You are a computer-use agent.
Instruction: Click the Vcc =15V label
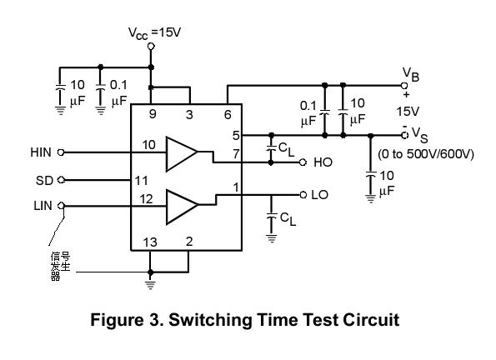pyautogui.click(x=154, y=33)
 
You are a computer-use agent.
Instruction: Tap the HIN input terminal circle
pyautogui.click(x=61, y=152)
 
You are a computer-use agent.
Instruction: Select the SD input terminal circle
pyautogui.click(x=62, y=180)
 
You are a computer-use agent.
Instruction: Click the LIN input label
pyautogui.click(x=43, y=206)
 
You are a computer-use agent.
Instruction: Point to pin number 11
pyautogui.click(x=142, y=181)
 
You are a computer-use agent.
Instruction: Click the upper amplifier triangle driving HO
pyautogui.click(x=181, y=154)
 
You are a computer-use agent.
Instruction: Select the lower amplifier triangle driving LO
pyautogui.click(x=181, y=207)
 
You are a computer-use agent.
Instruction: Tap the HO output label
pyautogui.click(x=323, y=162)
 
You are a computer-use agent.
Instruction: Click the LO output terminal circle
pyautogui.click(x=303, y=194)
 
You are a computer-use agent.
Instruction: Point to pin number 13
pyautogui.click(x=150, y=242)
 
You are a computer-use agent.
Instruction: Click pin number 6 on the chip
pyautogui.click(x=228, y=114)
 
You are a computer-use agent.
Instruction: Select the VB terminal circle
pyautogui.click(x=404, y=85)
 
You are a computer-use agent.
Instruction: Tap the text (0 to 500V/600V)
pyautogui.click(x=426, y=154)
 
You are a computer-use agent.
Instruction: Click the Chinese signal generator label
pyautogui.click(x=60, y=266)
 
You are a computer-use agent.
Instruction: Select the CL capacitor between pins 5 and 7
pyautogui.click(x=271, y=148)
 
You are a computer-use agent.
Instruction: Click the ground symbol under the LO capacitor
pyautogui.click(x=272, y=238)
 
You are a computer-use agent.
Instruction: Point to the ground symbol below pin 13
pyautogui.click(x=150, y=285)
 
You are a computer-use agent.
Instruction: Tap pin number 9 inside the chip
pyautogui.click(x=153, y=113)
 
